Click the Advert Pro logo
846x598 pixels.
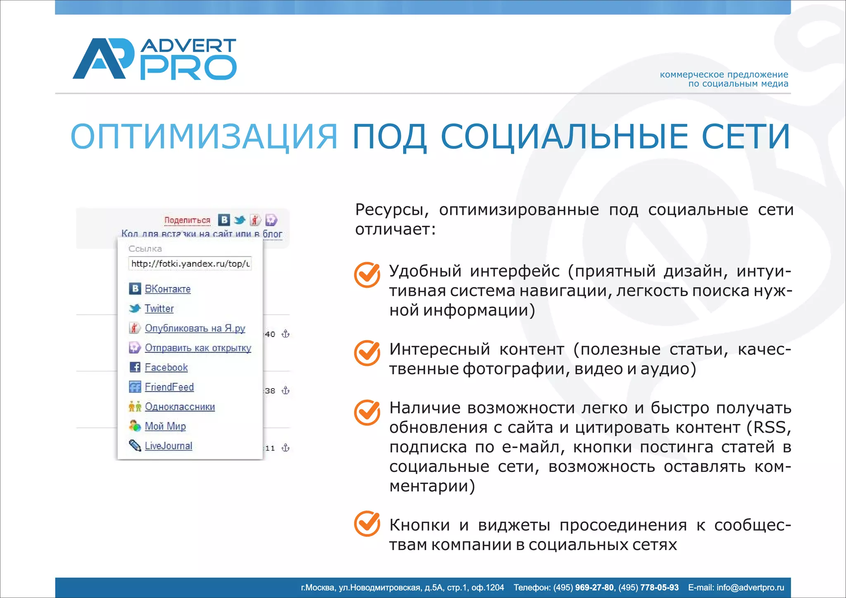point(154,59)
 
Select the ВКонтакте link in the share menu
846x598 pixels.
point(167,289)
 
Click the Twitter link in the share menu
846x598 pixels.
point(159,308)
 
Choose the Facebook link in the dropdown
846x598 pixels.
point(166,367)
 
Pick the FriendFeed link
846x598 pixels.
point(169,387)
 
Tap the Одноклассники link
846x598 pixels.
point(180,406)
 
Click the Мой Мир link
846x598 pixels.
point(165,426)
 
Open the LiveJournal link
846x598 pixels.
point(168,446)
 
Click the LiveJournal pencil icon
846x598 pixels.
point(135,446)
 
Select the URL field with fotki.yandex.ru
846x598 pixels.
point(190,263)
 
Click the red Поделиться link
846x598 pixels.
point(187,220)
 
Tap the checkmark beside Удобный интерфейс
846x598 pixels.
point(367,275)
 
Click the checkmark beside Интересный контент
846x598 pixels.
point(367,353)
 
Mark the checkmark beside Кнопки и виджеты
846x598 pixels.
point(367,524)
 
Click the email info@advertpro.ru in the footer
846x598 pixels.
point(750,587)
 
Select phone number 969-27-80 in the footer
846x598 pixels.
point(594,587)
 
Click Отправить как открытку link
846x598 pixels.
point(198,348)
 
